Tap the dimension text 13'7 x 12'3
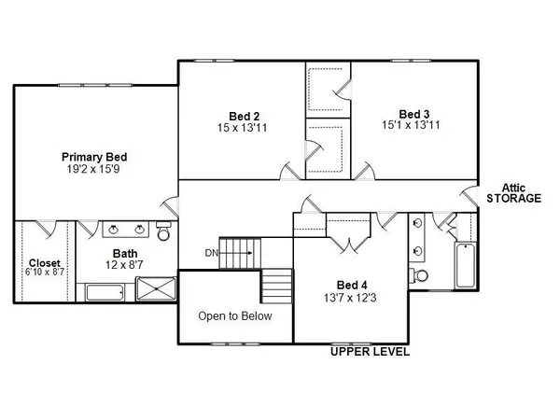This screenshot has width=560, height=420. click(352, 298)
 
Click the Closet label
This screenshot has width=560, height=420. click(44, 262)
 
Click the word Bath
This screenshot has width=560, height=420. click(124, 254)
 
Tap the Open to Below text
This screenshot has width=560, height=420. click(234, 315)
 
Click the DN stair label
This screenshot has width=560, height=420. click(212, 252)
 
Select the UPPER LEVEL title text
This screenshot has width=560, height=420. click(370, 353)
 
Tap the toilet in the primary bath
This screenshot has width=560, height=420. click(164, 231)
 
